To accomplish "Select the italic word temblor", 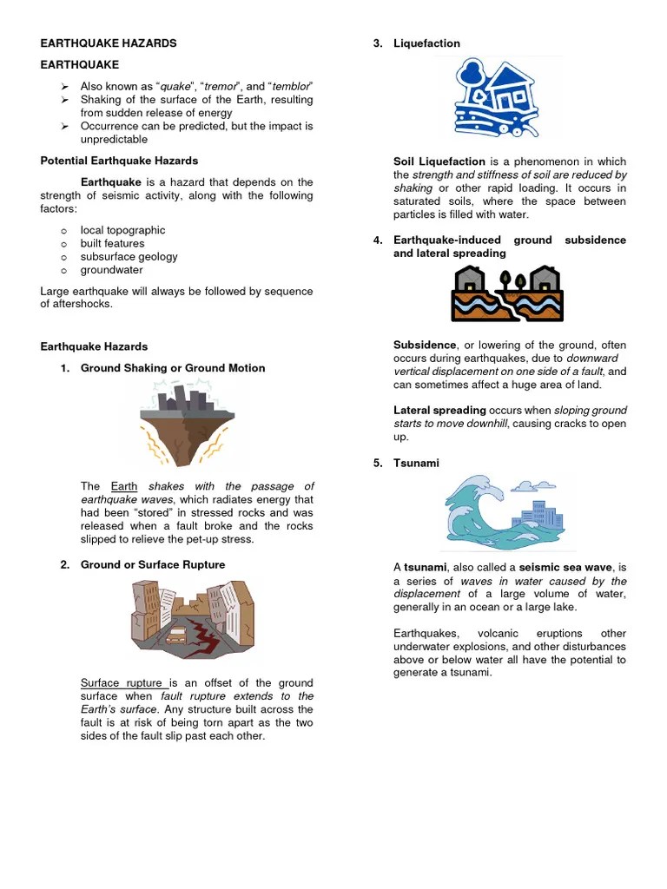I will pos(292,87).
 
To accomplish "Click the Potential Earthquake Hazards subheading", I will pos(119,161).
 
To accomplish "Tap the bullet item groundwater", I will pos(111,270).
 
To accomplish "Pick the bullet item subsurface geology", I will pos(129,257).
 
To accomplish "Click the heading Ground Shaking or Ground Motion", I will pos(173,368).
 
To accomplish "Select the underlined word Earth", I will pos(124,486).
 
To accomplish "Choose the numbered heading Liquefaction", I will pos(426,43).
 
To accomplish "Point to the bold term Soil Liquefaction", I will pos(439,161).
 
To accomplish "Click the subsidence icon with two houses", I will pos(507,293).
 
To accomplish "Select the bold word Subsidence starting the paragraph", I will pos(425,346).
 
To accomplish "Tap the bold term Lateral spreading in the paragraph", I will pos(439,410).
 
